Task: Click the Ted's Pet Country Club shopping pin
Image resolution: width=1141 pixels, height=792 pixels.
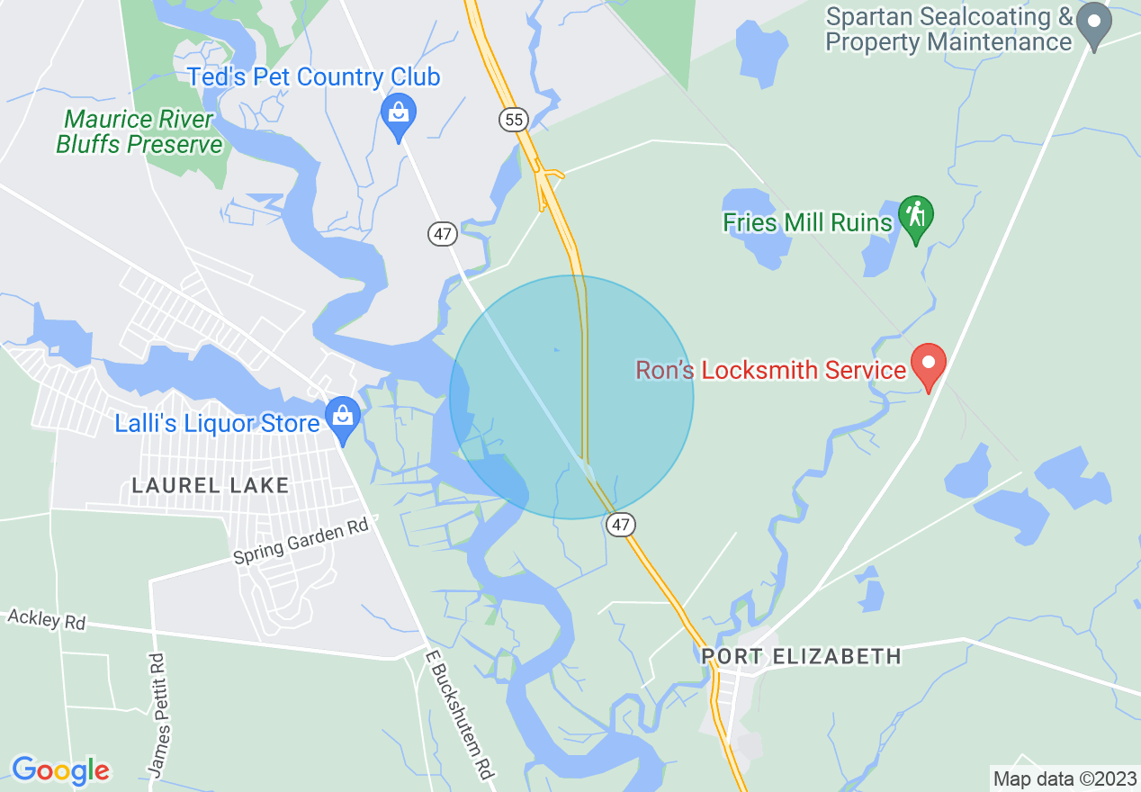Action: tap(398, 115)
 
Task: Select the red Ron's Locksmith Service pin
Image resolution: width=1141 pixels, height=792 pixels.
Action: tap(929, 364)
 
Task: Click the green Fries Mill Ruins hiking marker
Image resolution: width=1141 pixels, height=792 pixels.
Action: tap(916, 217)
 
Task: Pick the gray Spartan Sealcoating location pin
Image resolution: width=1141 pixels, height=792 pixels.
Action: tap(1094, 23)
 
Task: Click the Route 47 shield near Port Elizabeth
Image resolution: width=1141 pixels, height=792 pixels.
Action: tap(621, 524)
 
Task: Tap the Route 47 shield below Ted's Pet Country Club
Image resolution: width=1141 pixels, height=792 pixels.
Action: tap(443, 234)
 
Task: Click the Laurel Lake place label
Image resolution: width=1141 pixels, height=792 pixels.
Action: tap(211, 486)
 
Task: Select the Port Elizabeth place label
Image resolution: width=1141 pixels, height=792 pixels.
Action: tap(801, 656)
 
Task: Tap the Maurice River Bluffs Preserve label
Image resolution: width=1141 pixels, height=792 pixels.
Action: tap(139, 132)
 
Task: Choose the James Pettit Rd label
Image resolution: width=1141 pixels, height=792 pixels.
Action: tap(157, 715)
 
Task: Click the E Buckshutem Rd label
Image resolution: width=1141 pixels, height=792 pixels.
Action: tap(459, 716)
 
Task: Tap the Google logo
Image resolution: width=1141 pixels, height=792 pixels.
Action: tap(60, 770)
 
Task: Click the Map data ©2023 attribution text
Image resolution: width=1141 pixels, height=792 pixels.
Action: tap(1063, 778)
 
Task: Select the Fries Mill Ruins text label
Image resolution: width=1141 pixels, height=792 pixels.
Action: tap(807, 222)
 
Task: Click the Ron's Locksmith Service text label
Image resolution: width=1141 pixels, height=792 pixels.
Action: tap(770, 370)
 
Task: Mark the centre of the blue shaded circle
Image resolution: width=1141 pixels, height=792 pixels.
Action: tap(571, 397)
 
